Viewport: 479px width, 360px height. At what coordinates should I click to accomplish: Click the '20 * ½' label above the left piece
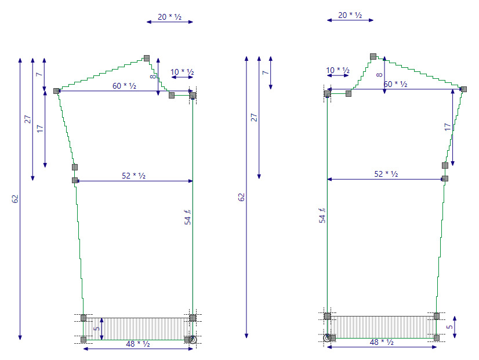169,17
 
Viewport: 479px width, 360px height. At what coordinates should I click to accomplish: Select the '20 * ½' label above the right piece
350,15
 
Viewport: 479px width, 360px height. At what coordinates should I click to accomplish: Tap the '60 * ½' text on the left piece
124,86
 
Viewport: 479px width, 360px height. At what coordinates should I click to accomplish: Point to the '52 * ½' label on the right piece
386,174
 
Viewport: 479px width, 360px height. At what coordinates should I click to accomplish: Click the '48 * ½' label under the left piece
138,344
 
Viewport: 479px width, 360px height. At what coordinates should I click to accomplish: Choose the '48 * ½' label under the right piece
382,342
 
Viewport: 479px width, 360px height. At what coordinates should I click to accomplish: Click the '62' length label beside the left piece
15,199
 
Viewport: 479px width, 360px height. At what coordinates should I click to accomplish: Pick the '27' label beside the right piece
254,118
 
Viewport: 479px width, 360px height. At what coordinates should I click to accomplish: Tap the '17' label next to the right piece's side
448,127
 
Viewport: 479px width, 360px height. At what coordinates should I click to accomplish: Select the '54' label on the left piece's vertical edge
187,217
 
